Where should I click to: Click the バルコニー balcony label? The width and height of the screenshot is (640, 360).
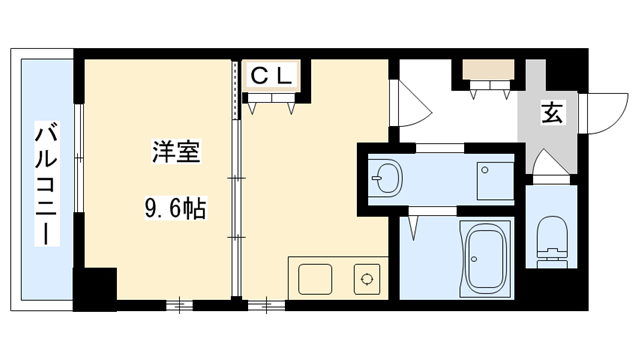[x=45, y=184]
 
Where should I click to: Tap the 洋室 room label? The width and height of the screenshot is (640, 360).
[x=175, y=154]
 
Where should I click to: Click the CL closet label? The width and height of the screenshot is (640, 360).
[x=271, y=74]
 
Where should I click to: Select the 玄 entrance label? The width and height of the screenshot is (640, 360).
[x=552, y=112]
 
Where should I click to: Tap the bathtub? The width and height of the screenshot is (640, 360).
[x=486, y=257]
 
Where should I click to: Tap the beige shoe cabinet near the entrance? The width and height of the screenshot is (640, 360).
[x=489, y=72]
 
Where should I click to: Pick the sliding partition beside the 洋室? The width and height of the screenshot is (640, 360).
[x=236, y=180]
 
